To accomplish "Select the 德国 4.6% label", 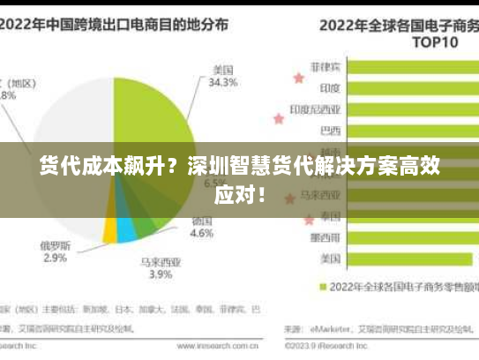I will click(202, 227).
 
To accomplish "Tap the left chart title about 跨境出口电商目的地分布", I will click(114, 24).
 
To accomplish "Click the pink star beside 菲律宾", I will click(299, 78).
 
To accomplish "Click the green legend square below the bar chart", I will click(323, 286).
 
